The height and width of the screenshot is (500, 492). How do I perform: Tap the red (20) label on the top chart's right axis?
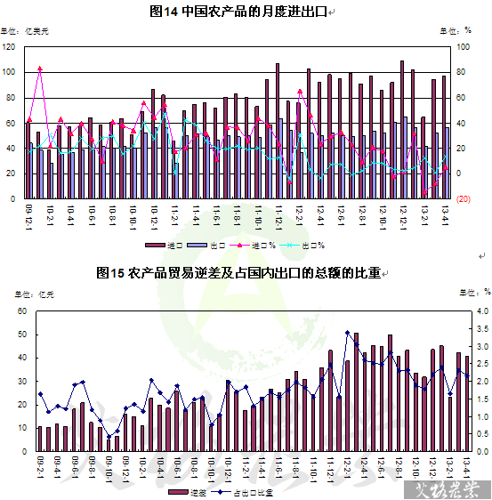[464, 198]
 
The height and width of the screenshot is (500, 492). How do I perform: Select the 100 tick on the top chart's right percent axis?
[464, 46]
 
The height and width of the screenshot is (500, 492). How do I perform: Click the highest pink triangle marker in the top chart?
[40, 69]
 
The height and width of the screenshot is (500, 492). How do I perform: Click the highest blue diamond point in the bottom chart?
[347, 333]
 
